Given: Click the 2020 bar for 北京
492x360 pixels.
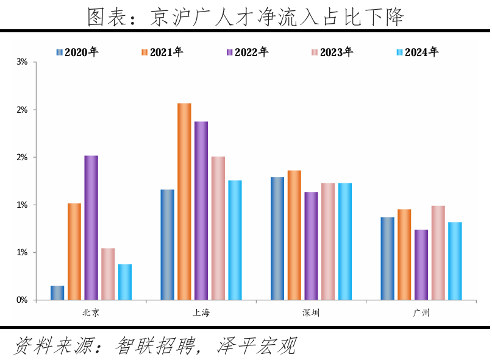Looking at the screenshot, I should coord(57,293).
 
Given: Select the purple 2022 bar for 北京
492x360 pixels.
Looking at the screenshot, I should coord(91,228).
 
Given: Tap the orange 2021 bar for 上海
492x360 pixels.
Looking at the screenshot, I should coord(184,202).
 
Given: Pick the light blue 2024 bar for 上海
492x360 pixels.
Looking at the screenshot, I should coord(235,240).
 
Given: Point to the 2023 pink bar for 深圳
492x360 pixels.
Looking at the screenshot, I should coord(328,241).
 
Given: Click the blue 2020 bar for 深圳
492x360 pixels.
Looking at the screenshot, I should coord(277,239).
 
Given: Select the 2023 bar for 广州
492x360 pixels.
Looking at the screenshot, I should coord(438,253).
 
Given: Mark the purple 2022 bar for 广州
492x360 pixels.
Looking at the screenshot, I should coord(421,265).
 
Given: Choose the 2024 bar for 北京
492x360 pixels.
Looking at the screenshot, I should coord(125,282).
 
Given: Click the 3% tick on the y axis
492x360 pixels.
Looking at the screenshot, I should coord(22,62).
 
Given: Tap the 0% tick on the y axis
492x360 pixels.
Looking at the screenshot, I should coord(22,300).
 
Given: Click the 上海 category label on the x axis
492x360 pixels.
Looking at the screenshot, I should coord(201,313).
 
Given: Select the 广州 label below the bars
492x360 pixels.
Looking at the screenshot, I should coord(421,313).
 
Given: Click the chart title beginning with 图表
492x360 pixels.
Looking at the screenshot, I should coord(246,16).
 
